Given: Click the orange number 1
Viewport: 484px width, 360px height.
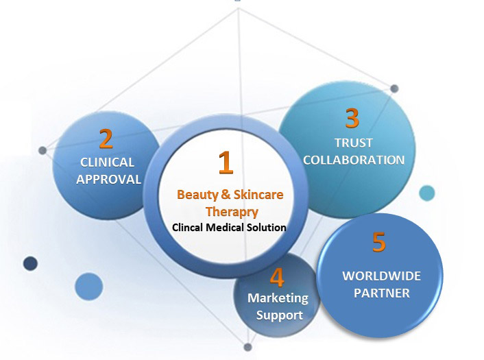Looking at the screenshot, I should pyautogui.click(x=226, y=162).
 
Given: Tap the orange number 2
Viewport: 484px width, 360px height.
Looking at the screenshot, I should pyautogui.click(x=106, y=139).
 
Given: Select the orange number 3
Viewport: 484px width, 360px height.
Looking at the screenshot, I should pyautogui.click(x=352, y=119).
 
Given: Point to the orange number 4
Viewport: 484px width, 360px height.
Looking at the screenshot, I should pyautogui.click(x=277, y=277).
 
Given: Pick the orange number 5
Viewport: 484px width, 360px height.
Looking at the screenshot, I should pyautogui.click(x=378, y=243).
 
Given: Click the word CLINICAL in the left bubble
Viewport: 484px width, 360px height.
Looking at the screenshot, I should pyautogui.click(x=108, y=163).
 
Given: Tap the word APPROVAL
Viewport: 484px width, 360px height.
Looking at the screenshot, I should pyautogui.click(x=108, y=180).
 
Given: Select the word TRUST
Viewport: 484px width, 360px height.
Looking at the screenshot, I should pyautogui.click(x=354, y=143).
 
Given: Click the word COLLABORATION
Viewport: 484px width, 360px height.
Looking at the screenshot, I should pyautogui.click(x=354, y=160).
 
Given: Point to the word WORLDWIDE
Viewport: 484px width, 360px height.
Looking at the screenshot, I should pyautogui.click(x=382, y=276).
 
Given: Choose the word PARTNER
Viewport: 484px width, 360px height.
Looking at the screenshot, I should pyautogui.click(x=382, y=293).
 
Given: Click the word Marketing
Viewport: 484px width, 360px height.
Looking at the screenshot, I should pyautogui.click(x=278, y=298).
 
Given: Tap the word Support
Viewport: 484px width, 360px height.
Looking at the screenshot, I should pyautogui.click(x=279, y=315).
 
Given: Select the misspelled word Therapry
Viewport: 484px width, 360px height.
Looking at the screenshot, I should pyautogui.click(x=230, y=211).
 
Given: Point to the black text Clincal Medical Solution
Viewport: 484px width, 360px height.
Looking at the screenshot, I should pyautogui.click(x=229, y=228).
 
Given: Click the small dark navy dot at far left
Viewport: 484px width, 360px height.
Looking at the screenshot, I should pyautogui.click(x=30, y=263).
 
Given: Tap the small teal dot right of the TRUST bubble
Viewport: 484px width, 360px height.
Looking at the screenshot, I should pyautogui.click(x=426, y=193).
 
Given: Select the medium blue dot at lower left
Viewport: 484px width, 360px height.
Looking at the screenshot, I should pyautogui.click(x=88, y=285).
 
